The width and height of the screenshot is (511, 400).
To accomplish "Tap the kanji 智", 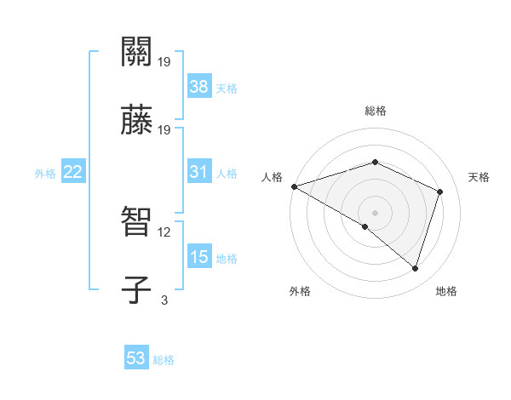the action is click(136, 222).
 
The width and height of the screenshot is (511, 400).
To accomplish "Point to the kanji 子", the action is click(136, 289).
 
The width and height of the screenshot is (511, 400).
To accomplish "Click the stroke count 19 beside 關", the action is click(164, 61).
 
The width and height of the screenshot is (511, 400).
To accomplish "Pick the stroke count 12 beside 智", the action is click(164, 231).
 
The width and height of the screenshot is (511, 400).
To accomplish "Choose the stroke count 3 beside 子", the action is click(164, 300).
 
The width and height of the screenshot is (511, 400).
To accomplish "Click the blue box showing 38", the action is click(198, 86).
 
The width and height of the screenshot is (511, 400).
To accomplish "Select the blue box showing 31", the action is click(198, 172).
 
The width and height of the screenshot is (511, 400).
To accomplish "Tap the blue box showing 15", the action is click(198, 257).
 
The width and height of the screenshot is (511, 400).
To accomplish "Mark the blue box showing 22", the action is click(73, 172).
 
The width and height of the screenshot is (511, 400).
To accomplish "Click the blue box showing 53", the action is click(136, 358).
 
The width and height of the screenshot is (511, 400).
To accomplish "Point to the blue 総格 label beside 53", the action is click(164, 360).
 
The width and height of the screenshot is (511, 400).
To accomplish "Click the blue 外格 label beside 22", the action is click(45, 174).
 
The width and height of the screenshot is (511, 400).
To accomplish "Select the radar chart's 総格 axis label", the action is click(376, 111).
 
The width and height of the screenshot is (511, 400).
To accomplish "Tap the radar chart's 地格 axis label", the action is click(446, 291).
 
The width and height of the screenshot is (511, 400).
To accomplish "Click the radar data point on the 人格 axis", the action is click(294, 186).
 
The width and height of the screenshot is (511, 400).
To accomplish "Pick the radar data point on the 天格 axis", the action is click(440, 191).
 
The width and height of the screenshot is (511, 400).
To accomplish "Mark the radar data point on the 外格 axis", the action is click(365, 226).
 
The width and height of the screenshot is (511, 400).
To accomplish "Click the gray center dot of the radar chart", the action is click(376, 212).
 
